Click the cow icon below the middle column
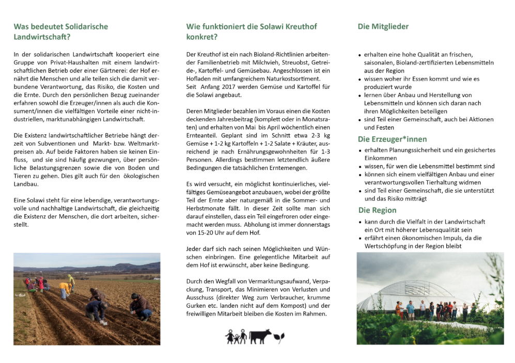[260, 336]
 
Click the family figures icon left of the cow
[236, 337]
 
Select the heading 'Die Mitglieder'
[383, 26]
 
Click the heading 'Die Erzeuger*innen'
[392, 139]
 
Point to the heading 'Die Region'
[377, 210]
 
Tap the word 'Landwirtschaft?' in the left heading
[42, 37]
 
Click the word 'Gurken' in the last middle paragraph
[197, 306]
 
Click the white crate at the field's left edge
[21, 295]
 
